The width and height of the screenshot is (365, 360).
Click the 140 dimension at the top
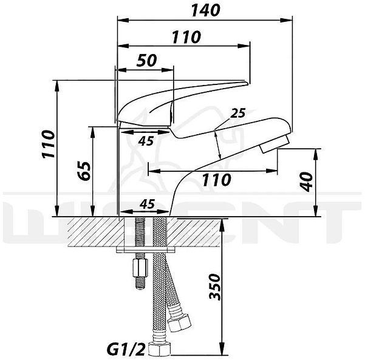[x=204, y=10]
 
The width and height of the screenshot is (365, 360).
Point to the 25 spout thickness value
[x=237, y=113]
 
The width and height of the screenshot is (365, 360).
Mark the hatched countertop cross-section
[x=91, y=231]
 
